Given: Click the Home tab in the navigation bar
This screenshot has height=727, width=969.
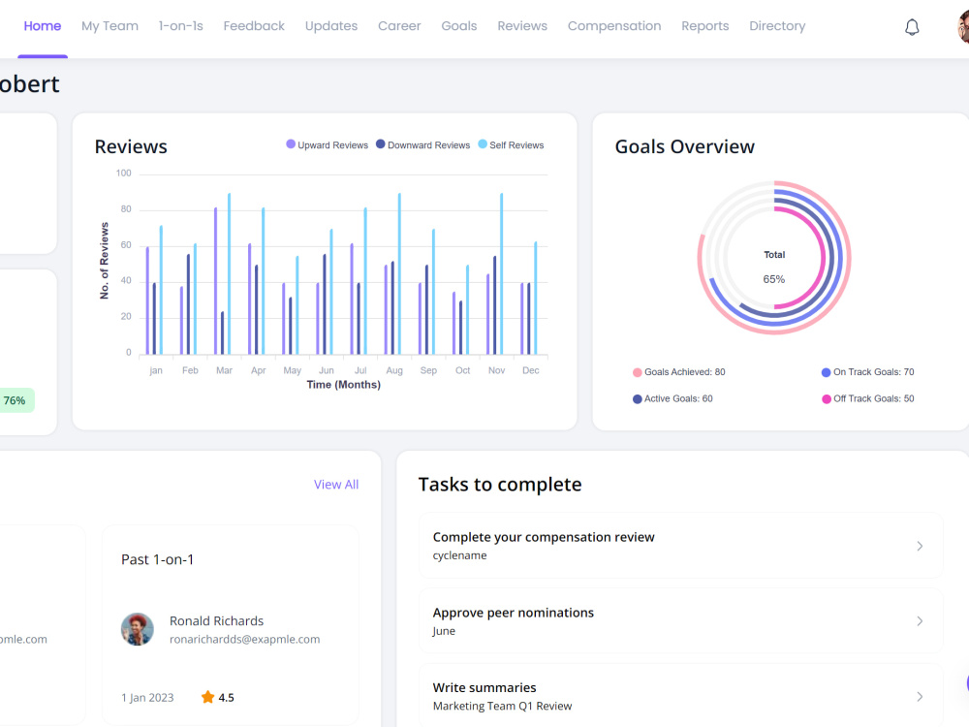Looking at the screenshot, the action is point(42,26).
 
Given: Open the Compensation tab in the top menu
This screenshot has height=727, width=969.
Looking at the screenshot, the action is point(614,26).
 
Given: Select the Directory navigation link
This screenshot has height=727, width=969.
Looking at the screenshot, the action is point(777,26).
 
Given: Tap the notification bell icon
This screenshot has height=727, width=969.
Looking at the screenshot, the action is point(912,27).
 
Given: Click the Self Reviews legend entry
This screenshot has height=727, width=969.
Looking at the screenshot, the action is point(511,144).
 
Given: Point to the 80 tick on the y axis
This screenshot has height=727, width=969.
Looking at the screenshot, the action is point(126,209).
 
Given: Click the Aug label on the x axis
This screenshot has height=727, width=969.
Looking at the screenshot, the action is point(394,370).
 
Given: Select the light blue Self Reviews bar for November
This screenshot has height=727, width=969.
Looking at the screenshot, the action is point(501,274).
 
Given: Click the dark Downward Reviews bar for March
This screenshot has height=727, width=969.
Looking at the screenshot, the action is point(223,333).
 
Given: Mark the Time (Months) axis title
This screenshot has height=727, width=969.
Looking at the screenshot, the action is point(344,385).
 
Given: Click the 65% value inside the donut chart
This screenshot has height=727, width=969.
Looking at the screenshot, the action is point(773,279).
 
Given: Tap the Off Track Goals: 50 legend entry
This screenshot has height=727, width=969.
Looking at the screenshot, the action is point(867,398).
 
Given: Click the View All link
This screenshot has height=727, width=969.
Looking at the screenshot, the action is point(336,485).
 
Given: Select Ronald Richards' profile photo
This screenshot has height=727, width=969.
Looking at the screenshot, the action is point(138,629).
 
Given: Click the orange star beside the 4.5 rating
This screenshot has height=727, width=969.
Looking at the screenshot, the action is point(207,697).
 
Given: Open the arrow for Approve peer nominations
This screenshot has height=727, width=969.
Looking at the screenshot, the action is point(920,621).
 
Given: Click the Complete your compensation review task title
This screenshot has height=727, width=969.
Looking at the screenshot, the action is point(544,537).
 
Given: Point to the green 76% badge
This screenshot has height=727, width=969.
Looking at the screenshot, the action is point(15,400).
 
